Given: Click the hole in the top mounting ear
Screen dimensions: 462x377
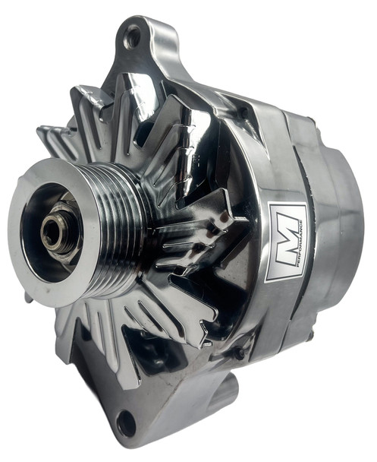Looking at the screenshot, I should (x=134, y=34).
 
